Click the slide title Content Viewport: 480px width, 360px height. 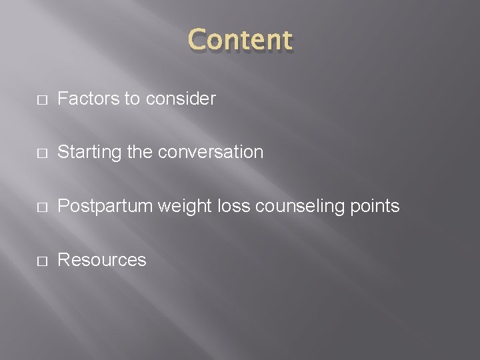point(241,40)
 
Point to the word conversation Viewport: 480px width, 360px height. point(213,153)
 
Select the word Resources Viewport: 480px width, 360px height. point(102,260)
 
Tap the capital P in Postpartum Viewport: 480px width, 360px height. point(63,207)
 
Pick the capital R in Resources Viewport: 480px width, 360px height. point(64,260)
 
